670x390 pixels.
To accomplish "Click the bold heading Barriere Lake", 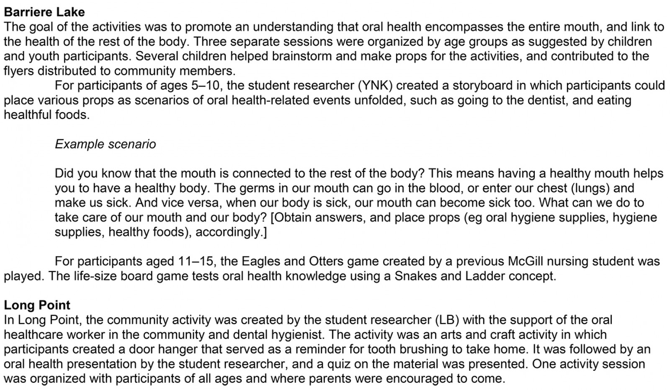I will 44,12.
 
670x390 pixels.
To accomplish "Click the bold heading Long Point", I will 37,305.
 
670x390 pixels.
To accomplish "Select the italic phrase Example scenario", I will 105,144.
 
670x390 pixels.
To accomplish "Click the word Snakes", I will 416,276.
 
